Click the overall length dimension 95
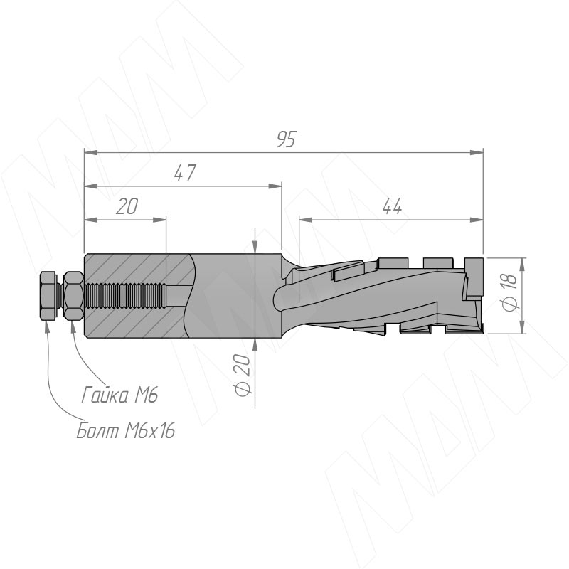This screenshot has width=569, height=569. point(287,139)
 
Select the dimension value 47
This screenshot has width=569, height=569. point(185,173)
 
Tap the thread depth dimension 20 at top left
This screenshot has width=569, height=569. point(127,206)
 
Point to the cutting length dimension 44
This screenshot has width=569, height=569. point(393,206)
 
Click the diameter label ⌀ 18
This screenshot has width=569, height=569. point(509,292)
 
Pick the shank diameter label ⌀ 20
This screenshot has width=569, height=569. point(243,375)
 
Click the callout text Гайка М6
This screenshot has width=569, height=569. point(119,395)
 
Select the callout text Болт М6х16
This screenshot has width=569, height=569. point(126,431)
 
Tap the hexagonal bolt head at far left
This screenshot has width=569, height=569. point(48,295)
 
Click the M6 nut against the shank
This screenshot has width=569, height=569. point(74,295)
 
